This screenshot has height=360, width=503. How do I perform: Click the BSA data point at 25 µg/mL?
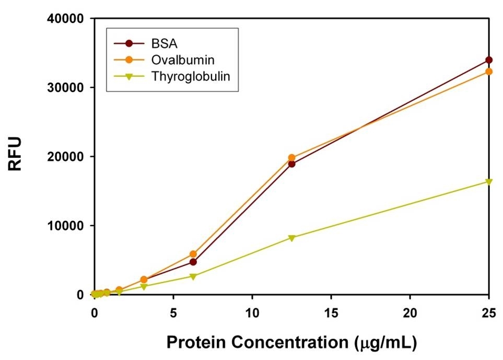[x=489, y=60]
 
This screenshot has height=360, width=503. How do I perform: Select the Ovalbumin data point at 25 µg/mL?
[x=489, y=71]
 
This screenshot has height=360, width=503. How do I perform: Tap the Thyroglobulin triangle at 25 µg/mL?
[x=489, y=182]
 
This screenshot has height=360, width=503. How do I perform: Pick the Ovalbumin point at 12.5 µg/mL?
[x=291, y=157]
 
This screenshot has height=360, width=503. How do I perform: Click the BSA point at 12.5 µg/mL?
[x=291, y=164]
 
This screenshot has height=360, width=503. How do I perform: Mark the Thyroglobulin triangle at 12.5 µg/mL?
[x=291, y=238]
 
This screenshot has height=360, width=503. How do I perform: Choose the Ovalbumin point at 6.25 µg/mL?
[x=193, y=254]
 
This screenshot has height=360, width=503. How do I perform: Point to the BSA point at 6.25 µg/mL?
[x=193, y=262]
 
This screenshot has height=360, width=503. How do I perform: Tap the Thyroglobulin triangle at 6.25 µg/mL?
[x=193, y=276]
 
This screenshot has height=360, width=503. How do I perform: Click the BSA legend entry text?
[x=162, y=43]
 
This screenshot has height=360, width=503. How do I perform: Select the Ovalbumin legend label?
[x=179, y=59]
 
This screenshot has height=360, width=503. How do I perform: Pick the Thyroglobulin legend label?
[x=191, y=75]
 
